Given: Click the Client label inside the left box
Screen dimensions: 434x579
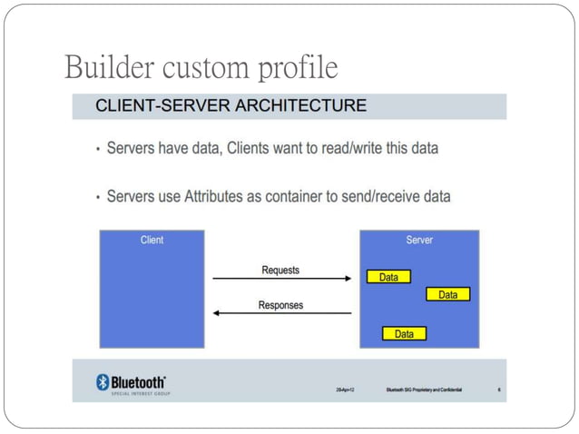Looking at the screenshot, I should [x=152, y=241].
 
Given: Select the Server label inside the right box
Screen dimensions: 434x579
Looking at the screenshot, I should [x=419, y=241].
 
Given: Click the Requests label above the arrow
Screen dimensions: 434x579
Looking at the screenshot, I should [x=280, y=270].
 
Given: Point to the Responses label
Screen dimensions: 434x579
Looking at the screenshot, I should [x=280, y=305].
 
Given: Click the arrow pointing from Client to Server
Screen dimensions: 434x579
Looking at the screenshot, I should [x=281, y=280].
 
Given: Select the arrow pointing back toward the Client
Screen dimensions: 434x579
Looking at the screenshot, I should [x=281, y=314].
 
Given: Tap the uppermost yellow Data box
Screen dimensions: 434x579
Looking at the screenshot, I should [x=388, y=277].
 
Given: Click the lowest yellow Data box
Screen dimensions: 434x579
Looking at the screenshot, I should [x=404, y=334].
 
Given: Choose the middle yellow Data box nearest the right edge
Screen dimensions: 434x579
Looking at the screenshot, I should [x=448, y=295].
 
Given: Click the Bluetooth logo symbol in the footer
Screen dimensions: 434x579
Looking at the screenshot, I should [x=103, y=382].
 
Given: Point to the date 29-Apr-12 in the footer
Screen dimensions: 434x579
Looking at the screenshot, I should [x=346, y=390].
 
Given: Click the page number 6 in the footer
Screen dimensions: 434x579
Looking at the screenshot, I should [x=498, y=390].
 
